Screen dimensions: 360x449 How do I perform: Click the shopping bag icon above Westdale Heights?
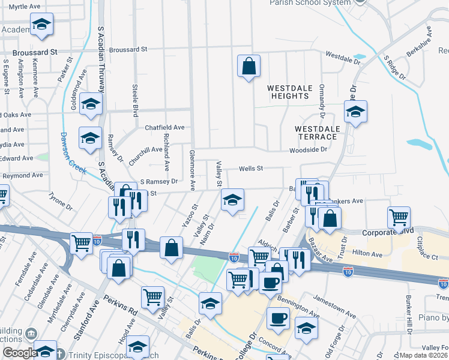(249, 66)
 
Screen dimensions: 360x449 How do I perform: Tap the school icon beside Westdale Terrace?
(355, 112)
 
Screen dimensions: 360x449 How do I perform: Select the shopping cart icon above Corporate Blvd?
(399, 218)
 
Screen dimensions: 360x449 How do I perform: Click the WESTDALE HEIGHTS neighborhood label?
(290, 92)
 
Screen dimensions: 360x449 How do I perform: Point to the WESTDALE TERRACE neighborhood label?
(318, 133)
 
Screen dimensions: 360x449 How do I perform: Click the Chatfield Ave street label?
(164, 127)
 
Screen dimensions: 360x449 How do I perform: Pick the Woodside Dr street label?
(308, 150)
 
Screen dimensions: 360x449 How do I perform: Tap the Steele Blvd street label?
(135, 98)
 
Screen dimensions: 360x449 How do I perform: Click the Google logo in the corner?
(20, 353)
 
